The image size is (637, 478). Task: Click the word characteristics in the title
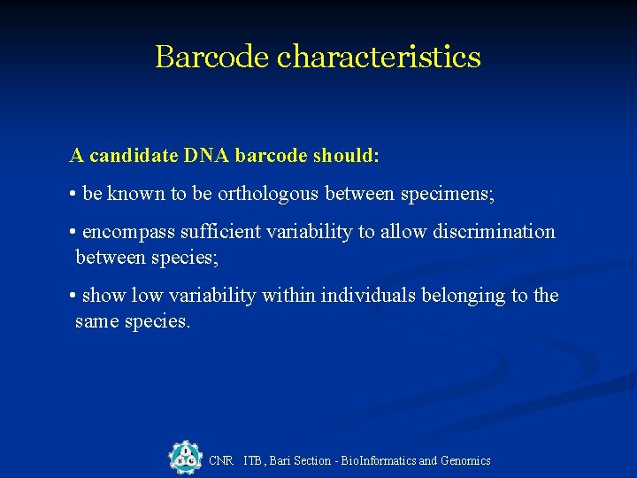[x=379, y=57]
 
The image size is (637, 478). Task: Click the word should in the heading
[x=346, y=156]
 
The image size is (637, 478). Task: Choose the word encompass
[x=128, y=232]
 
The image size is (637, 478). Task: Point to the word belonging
[x=474, y=295]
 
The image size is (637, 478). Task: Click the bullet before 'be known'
[x=73, y=195]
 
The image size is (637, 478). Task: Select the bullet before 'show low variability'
[x=73, y=296]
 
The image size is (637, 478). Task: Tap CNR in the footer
[x=220, y=460]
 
